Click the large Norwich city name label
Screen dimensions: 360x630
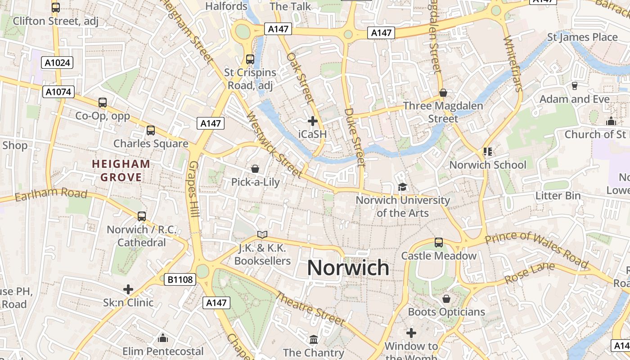(348, 268)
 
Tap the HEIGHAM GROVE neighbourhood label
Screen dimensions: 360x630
(121, 171)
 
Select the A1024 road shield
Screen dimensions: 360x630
(58, 63)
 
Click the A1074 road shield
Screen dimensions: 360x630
(58, 92)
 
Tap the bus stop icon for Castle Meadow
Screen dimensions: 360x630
(439, 243)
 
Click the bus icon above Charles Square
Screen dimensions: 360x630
(151, 130)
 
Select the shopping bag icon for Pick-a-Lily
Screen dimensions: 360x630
(255, 169)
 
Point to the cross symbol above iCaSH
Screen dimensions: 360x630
(313, 121)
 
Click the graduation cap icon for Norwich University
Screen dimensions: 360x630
(402, 187)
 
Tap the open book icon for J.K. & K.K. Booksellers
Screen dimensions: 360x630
(262, 234)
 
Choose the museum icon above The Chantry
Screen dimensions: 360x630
(314, 339)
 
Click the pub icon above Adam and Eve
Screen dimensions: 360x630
(574, 85)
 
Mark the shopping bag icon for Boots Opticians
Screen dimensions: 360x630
(446, 299)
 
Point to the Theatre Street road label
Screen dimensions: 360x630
(310, 309)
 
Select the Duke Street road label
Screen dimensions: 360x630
(354, 137)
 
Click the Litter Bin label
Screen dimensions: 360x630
(558, 196)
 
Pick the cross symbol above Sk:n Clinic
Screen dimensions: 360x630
(128, 289)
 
